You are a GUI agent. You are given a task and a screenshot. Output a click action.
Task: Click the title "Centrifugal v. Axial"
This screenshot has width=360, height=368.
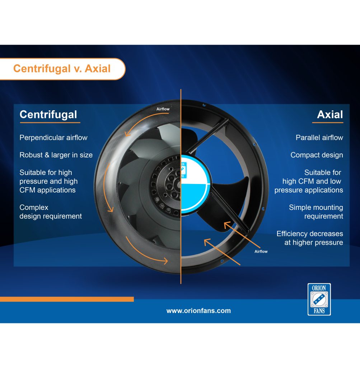62,69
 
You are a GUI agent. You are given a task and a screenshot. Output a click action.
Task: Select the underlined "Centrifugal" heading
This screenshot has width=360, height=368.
48,115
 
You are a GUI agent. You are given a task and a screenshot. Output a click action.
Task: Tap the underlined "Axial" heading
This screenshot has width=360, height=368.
330,115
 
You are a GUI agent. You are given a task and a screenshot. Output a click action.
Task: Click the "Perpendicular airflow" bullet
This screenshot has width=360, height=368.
53,138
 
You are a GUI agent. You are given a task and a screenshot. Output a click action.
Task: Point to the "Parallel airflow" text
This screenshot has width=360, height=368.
319,138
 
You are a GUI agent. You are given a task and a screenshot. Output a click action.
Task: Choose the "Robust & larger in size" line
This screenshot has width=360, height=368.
56,155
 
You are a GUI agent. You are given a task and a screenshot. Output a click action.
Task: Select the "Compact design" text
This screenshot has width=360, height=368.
317,155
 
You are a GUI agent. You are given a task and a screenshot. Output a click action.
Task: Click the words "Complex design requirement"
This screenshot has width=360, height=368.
51,212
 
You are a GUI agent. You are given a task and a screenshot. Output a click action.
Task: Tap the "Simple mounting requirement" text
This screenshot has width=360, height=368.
316,212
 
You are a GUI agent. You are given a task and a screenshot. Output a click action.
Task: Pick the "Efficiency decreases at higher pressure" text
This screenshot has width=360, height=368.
310,238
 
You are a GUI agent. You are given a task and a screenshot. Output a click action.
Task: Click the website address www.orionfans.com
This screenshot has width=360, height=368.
198,311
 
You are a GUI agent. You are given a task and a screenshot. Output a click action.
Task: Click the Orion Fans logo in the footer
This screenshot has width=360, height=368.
319,299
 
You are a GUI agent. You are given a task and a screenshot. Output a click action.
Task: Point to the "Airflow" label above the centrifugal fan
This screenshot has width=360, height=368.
163,109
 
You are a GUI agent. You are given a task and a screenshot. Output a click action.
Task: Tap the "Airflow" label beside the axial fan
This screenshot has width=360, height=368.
261,251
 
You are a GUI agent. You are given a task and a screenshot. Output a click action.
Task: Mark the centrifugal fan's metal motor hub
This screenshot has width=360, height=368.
167,184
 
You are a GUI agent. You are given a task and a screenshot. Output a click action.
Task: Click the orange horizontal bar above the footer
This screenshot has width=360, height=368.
67,299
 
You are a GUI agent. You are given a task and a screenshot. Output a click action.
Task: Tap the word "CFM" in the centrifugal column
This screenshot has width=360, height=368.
27,190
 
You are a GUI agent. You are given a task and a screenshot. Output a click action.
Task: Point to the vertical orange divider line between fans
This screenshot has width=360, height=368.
181,187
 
